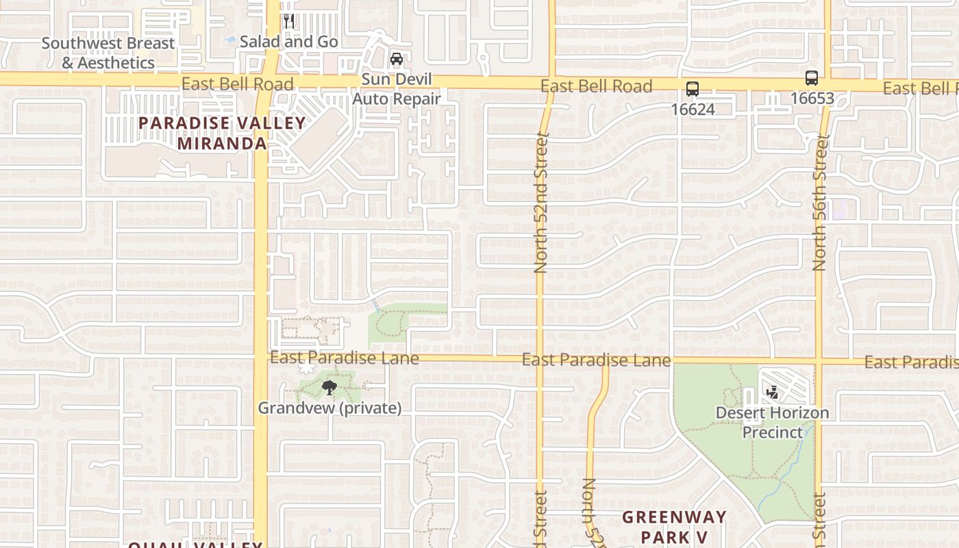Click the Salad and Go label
click(x=288, y=42)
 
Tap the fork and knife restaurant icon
click(x=289, y=21)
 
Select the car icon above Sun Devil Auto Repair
click(x=397, y=59)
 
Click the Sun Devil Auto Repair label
click(x=397, y=89)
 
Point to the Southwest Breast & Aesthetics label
click(x=108, y=53)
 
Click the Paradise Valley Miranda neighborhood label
click(x=222, y=133)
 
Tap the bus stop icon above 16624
click(x=693, y=88)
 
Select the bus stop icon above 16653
click(x=812, y=77)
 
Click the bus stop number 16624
click(x=693, y=109)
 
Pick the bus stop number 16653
click(x=812, y=98)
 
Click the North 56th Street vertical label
click(x=820, y=202)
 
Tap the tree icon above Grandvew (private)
click(x=329, y=388)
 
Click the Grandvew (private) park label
click(x=329, y=408)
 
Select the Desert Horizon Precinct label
click(x=773, y=422)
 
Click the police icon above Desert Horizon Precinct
click(x=773, y=392)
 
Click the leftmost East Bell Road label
click(x=237, y=84)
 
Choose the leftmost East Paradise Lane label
click(x=344, y=358)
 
